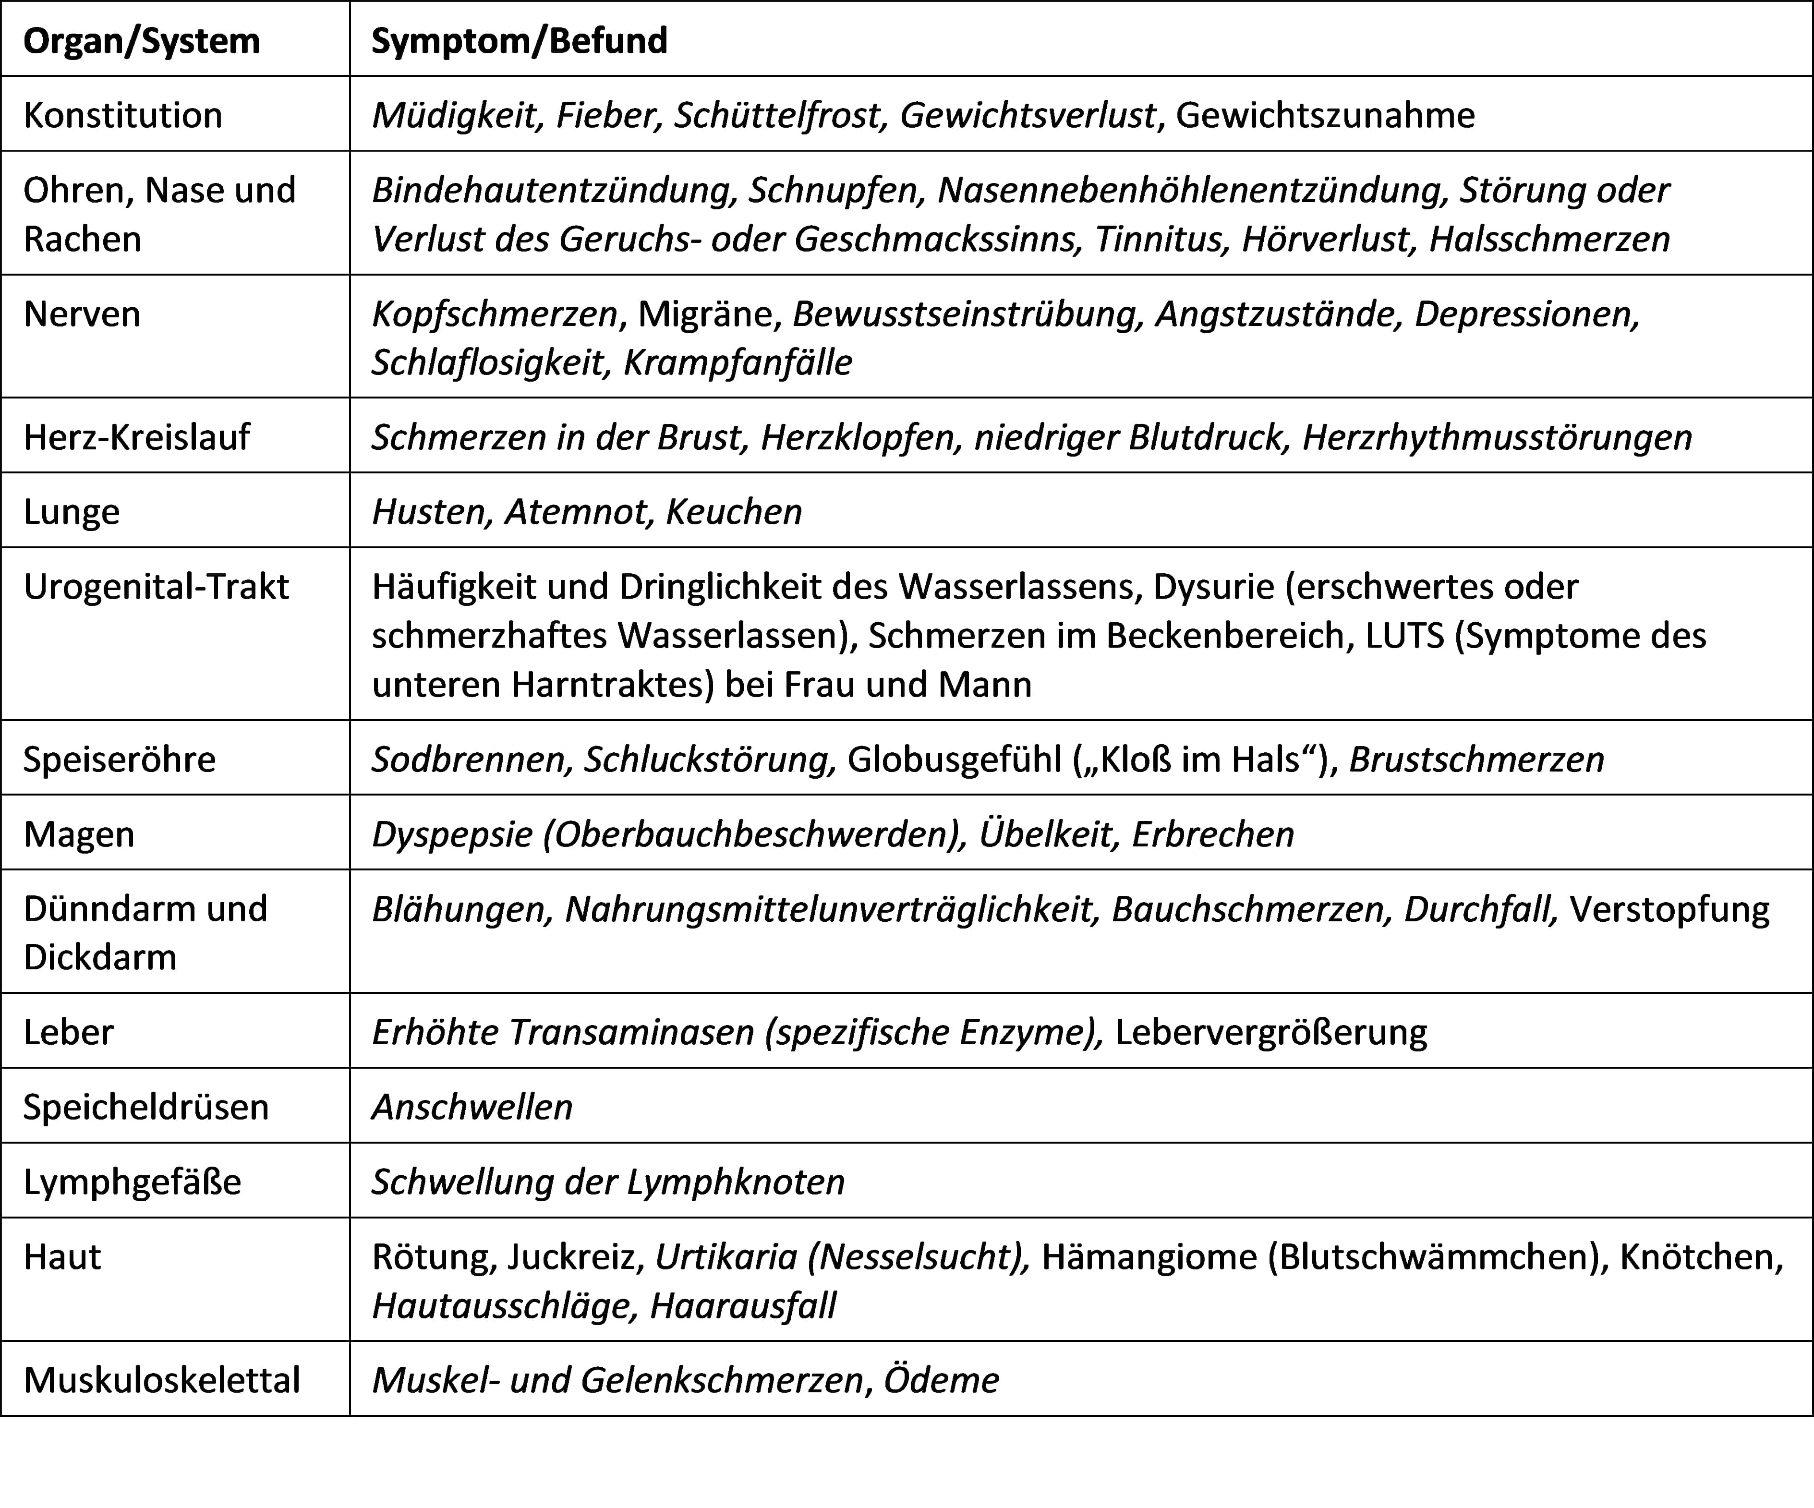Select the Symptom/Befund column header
(x=519, y=41)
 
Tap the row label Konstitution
(x=122, y=115)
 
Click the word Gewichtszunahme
(x=1325, y=115)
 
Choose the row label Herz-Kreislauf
(x=136, y=437)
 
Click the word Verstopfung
(x=1669, y=909)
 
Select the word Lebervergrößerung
(x=1270, y=1032)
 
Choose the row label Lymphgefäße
(x=132, y=1182)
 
